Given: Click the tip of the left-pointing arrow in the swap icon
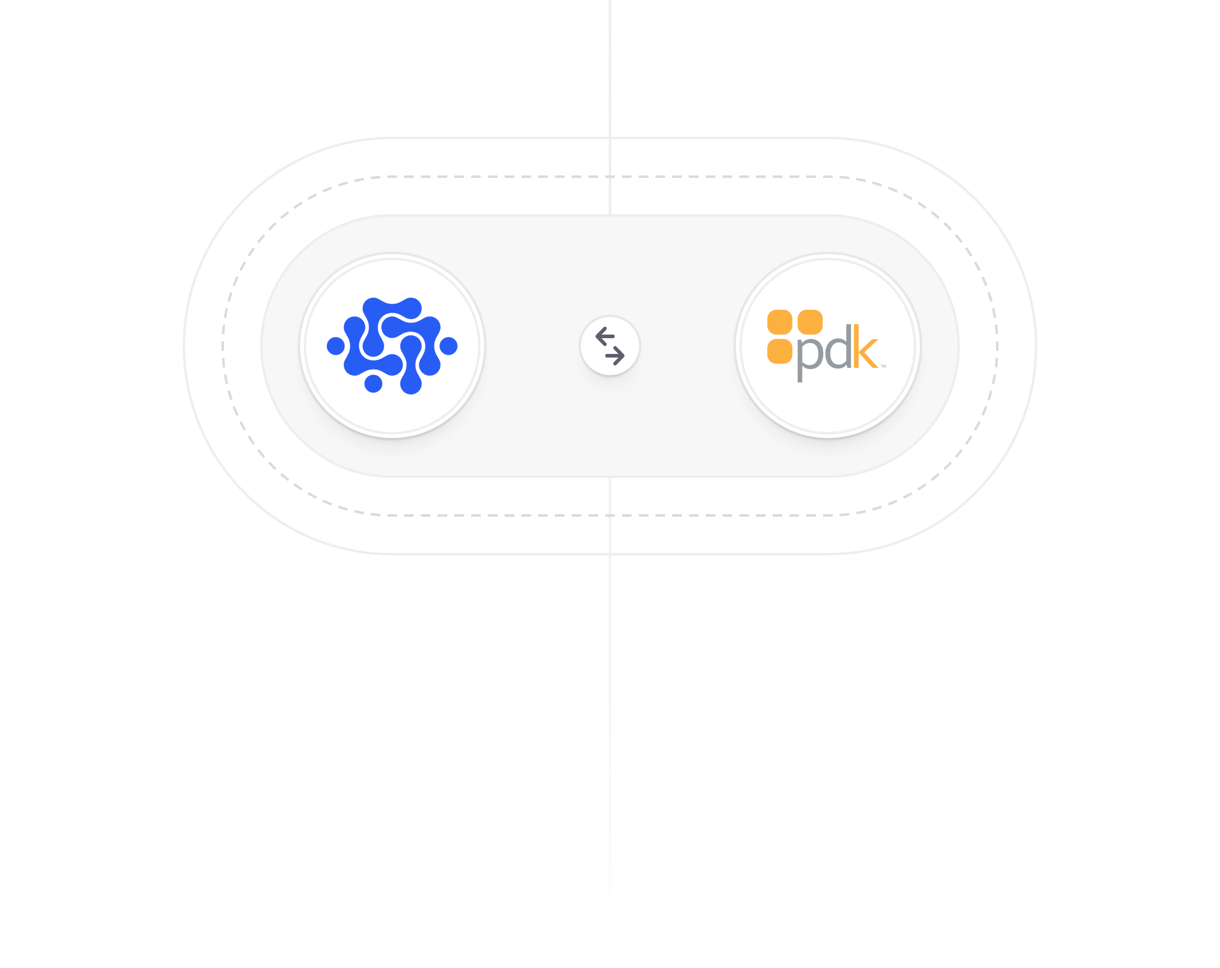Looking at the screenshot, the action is click(x=596, y=336).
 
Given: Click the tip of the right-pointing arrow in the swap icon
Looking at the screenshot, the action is click(x=624, y=356).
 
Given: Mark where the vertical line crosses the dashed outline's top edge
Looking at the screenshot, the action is click(x=610, y=177).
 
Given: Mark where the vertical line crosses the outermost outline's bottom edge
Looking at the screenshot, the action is click(x=610, y=554).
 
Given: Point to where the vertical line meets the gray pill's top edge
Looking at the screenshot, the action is click(x=610, y=215).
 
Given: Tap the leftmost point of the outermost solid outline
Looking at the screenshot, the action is click(x=184, y=346).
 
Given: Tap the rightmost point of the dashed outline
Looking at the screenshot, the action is click(x=997, y=346).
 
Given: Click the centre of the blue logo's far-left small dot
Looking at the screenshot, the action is click(x=336, y=346).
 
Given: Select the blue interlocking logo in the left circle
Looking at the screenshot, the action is click(x=392, y=346).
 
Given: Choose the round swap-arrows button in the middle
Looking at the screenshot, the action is click(x=610, y=346).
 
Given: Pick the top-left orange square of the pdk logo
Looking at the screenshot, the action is click(x=780, y=322).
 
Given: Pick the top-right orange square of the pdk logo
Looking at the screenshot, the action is click(x=810, y=322).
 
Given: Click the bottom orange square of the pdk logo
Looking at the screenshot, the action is click(x=780, y=352).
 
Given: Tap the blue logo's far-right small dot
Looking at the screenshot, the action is click(x=448, y=346).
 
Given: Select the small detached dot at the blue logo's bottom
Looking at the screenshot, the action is click(x=373, y=384).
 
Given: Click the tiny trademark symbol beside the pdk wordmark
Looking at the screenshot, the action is click(x=884, y=366).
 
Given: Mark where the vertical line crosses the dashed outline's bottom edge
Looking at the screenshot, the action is click(x=610, y=515).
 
